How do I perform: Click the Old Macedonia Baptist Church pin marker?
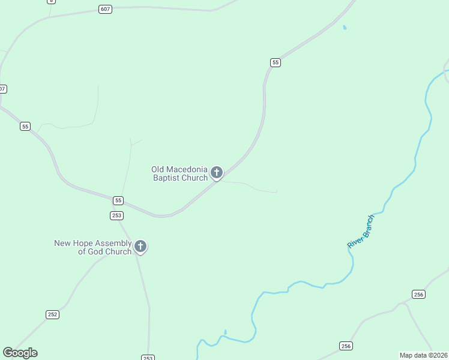217,173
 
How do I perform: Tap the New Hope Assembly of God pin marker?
140,246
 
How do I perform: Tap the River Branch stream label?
361,232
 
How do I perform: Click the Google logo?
20,353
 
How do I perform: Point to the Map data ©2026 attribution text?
423,355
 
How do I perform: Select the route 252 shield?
53,314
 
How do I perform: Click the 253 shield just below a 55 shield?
116,215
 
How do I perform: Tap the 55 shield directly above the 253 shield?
118,200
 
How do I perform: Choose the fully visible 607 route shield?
106,10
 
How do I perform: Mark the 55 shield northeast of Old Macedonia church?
276,62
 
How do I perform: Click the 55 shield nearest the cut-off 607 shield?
25,126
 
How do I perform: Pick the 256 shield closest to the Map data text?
346,346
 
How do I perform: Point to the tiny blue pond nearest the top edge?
344,27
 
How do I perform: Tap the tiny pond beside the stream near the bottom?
225,331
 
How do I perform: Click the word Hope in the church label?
84,243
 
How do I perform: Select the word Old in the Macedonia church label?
157,169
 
